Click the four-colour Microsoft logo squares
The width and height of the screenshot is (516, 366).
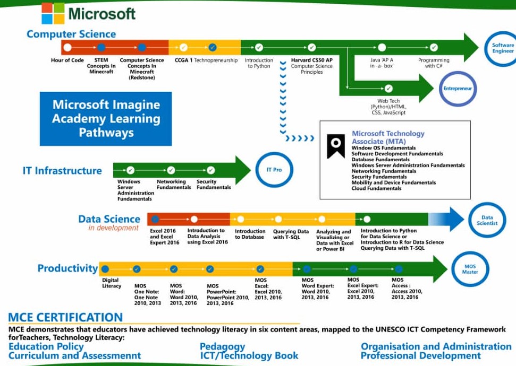click(53, 13)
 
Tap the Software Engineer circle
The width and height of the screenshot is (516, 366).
click(502, 48)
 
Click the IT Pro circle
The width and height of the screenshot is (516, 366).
click(274, 170)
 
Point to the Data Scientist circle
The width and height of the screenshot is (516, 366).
click(487, 220)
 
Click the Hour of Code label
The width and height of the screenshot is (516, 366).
click(67, 60)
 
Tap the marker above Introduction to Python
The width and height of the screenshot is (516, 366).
click(259, 47)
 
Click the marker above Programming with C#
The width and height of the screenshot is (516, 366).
click(434, 47)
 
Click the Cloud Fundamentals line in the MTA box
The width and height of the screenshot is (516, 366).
click(376, 188)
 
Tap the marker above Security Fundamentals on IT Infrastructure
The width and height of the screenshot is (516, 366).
click(211, 170)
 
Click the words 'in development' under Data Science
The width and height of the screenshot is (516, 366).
click(113, 228)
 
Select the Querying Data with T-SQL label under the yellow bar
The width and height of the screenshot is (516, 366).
click(291, 234)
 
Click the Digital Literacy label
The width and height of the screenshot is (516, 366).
click(112, 283)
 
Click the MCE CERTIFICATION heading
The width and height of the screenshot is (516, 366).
click(65, 318)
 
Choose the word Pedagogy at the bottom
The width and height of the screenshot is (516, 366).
click(222, 346)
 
